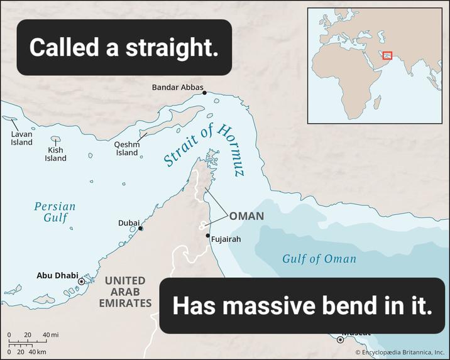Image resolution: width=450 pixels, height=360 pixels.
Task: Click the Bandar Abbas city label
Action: pos(178,87)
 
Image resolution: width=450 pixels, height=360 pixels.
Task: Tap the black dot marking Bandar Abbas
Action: pos(204,93)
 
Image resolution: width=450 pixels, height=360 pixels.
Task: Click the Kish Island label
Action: pos(55,154)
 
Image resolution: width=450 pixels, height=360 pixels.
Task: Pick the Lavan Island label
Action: pos(21,138)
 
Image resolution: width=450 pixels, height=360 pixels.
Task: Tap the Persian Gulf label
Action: pos(55,212)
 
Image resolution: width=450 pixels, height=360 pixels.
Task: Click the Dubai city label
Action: pos(129,223)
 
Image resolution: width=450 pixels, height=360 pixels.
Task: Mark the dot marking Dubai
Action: pos(141,228)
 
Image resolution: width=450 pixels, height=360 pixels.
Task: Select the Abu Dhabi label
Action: pos(57,275)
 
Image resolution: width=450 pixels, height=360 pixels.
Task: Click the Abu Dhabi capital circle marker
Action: pos(81,281)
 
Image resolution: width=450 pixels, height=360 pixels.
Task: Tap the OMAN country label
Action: pos(246,217)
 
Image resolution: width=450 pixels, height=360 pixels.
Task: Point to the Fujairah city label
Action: pos(226,239)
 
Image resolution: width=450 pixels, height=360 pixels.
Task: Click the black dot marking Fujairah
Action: pos(208,236)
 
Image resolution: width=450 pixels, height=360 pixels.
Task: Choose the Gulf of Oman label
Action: pos(319,259)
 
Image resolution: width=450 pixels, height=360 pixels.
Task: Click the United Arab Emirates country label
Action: pos(124,292)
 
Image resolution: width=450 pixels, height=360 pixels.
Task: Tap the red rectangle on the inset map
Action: pos(387,56)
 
